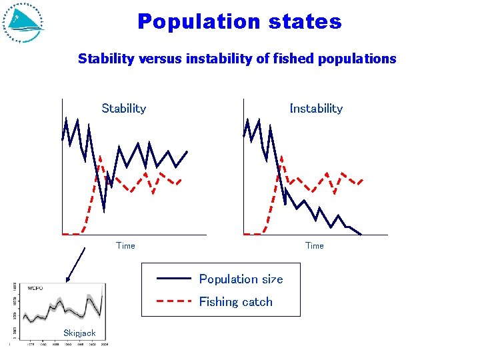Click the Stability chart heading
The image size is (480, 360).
123,108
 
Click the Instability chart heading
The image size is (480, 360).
316,108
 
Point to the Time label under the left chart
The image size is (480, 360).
125,245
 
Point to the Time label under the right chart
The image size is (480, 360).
314,245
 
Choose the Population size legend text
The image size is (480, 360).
241,279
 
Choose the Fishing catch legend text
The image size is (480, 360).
235,301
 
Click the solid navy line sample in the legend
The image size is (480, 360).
173,279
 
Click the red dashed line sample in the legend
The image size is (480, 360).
173,301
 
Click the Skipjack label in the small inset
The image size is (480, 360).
79,333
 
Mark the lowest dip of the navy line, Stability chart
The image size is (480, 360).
104,211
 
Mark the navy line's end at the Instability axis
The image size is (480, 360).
361,234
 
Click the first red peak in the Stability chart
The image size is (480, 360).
99,156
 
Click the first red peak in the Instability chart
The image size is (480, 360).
281,156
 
